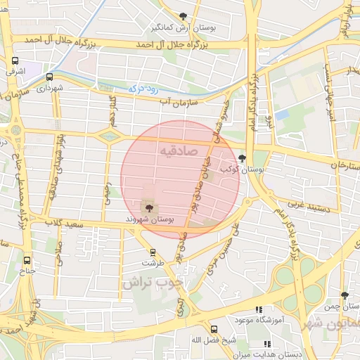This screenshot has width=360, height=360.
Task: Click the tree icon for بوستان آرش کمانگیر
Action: point(184,16)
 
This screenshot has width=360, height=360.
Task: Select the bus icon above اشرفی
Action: point(15,61)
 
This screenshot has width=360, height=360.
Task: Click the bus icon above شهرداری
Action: point(50,77)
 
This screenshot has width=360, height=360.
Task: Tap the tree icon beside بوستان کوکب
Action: point(243,158)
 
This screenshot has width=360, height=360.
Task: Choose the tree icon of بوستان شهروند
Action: point(149,207)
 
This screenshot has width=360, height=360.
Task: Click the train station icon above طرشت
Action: point(153,252)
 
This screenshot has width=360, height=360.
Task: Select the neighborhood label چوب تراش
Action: point(152,283)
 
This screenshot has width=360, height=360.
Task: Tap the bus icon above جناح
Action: point(27,259)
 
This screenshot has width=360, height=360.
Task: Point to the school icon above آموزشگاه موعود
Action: point(258,309)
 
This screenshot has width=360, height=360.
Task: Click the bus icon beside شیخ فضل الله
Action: point(214,329)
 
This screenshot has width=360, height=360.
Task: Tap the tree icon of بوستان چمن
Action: point(345,296)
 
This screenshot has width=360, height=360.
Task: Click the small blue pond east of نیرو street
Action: point(282,114)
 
